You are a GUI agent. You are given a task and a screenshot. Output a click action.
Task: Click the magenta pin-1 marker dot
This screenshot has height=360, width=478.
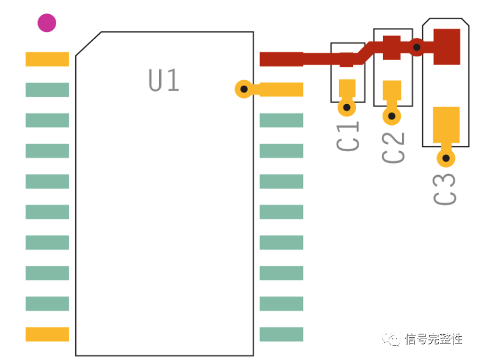pyautogui.click(x=47, y=23)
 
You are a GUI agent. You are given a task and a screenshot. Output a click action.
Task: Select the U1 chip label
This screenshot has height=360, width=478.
pyautogui.click(x=163, y=80)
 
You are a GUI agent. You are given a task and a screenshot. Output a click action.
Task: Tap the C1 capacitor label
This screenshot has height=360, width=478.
pyautogui.click(x=348, y=136)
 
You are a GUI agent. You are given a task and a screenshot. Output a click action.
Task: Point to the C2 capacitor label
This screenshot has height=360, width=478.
pyautogui.click(x=393, y=148)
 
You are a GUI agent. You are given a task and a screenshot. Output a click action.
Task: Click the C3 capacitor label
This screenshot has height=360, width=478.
pyautogui.click(x=444, y=189)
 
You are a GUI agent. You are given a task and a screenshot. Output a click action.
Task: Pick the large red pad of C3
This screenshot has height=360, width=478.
pyautogui.click(x=447, y=47)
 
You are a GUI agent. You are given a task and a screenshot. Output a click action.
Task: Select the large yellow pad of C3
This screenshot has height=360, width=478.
pyautogui.click(x=446, y=125)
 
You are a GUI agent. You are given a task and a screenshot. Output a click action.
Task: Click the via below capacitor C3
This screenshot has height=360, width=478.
pyautogui.click(x=446, y=158)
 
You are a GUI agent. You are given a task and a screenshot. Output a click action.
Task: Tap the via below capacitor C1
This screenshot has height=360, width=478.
pyautogui.click(x=346, y=107)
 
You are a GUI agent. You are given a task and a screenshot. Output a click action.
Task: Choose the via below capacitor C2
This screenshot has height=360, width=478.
pyautogui.click(x=392, y=116)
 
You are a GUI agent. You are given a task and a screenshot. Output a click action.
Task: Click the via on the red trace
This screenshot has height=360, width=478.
pyautogui.click(x=417, y=47)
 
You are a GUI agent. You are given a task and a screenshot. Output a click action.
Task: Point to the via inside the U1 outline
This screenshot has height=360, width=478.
pyautogui.click(x=244, y=89)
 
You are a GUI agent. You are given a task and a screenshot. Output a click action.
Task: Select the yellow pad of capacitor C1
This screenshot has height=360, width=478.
pyautogui.click(x=347, y=88)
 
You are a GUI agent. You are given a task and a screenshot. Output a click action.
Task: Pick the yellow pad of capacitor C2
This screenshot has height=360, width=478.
pyautogui.click(x=392, y=90)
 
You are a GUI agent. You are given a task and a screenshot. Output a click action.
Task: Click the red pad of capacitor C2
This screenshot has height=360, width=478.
pyautogui.click(x=392, y=48)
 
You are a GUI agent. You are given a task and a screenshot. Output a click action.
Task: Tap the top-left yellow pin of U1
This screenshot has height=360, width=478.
pyautogui.click(x=47, y=59)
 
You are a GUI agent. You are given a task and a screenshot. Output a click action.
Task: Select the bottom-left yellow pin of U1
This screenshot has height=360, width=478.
pyautogui.click(x=47, y=334)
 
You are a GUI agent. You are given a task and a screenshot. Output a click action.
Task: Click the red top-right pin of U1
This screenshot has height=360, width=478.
pyautogui.click(x=282, y=59)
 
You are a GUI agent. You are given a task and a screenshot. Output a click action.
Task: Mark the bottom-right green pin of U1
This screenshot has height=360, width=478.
pyautogui.click(x=282, y=334)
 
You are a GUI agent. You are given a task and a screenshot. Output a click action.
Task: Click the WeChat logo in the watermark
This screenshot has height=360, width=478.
pyautogui.click(x=391, y=339)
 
